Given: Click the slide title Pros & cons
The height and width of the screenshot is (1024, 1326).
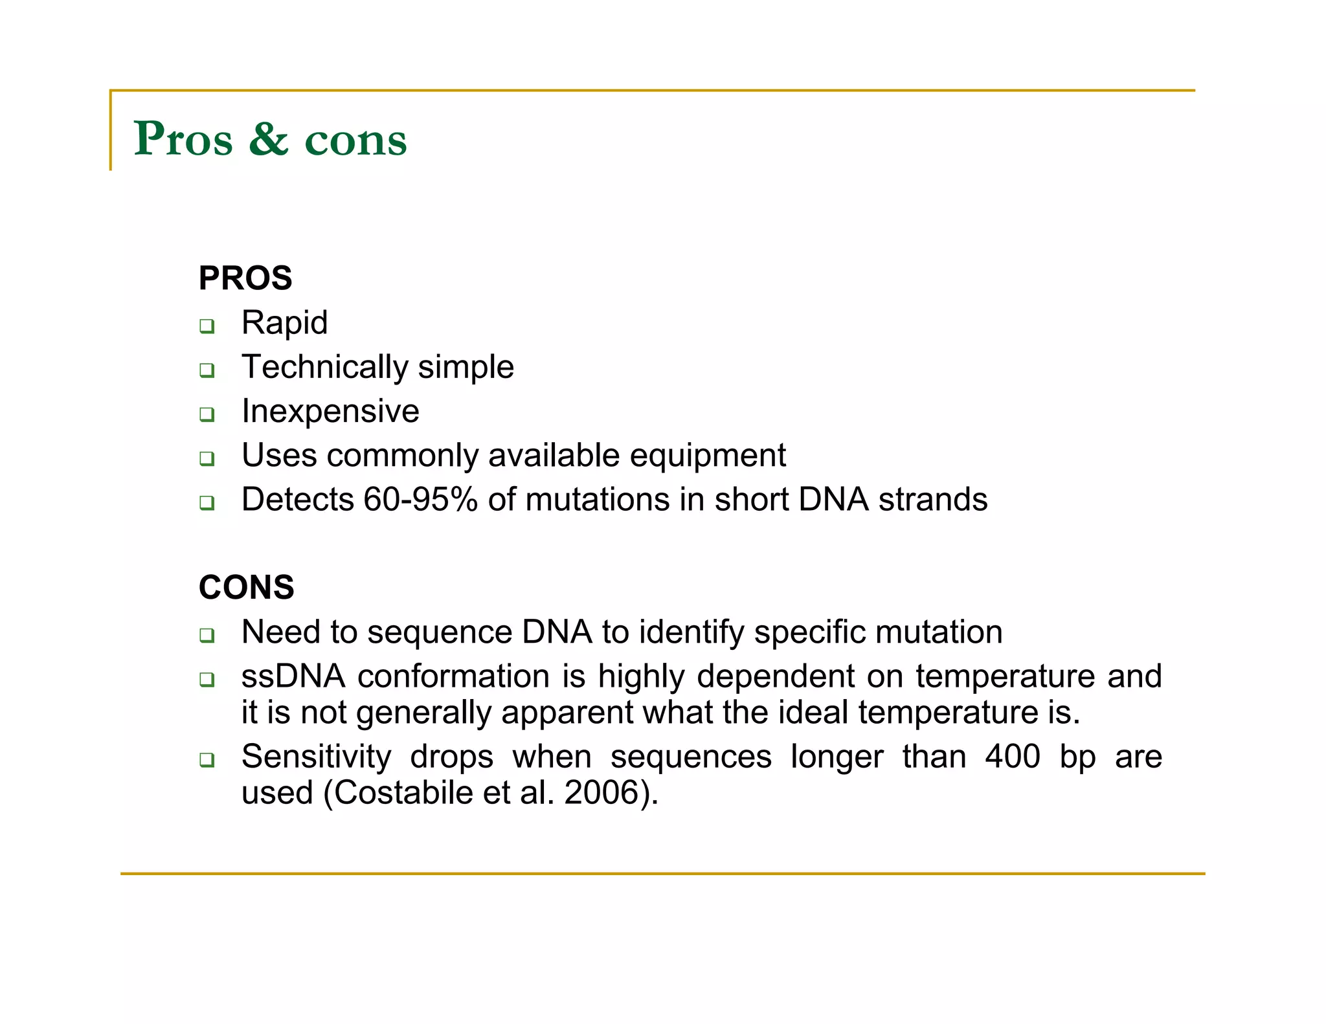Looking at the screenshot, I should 270,139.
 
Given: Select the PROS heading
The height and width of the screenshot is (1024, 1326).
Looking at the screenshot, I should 245,278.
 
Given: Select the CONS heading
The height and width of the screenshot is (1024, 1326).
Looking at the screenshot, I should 246,588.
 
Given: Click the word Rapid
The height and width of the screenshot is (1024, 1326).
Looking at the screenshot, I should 284,323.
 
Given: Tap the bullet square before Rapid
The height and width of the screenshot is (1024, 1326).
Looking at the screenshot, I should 207,326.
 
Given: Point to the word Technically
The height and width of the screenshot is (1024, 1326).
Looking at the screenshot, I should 324,367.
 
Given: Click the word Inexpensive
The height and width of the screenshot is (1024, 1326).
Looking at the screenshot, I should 330,412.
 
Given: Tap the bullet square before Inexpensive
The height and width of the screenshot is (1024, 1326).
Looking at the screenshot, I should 207,414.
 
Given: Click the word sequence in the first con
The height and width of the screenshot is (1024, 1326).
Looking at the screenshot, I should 440,632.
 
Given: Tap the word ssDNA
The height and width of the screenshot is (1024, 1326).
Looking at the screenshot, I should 293,676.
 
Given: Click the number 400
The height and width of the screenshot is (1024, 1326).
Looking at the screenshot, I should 1012,757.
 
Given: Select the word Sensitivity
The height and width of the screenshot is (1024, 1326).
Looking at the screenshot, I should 316,757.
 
